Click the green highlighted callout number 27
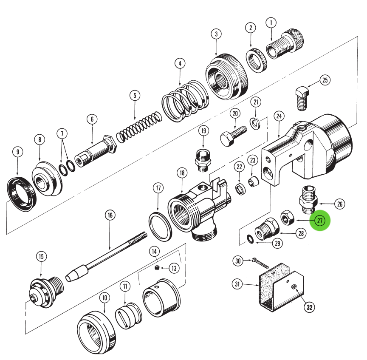[319, 221]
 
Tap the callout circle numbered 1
[271, 23]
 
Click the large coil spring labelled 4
[185, 102]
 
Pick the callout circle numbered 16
[110, 215]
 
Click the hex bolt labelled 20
[231, 135]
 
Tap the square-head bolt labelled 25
[301, 99]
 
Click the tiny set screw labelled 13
[156, 268]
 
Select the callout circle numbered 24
[279, 115]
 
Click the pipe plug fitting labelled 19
[203, 160]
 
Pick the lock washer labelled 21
[255, 123]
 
